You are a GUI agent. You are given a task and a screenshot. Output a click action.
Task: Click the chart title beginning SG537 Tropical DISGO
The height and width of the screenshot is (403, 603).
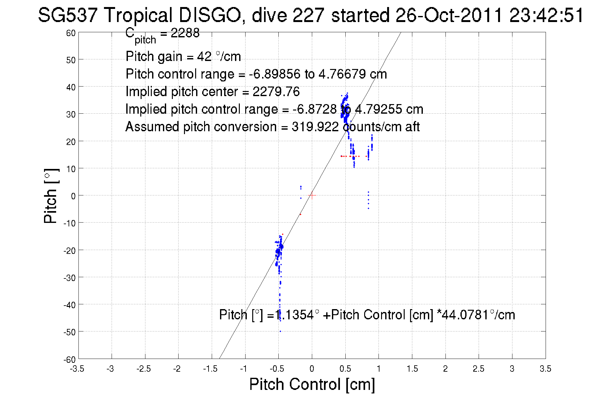point(311,15)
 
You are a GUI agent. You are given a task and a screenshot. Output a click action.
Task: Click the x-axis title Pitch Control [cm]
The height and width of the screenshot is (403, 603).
point(312,384)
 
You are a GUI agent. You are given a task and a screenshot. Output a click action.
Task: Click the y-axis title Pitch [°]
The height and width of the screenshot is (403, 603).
point(51,196)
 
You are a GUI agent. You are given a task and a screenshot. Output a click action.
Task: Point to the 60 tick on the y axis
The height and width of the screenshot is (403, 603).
point(71,33)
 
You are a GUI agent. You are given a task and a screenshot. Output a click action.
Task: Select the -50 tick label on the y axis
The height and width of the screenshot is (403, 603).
point(69,332)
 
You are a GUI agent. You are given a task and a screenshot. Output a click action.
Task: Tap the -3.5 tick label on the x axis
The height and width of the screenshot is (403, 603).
point(77,369)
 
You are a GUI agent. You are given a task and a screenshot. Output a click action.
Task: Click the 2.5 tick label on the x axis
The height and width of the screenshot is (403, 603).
point(478,369)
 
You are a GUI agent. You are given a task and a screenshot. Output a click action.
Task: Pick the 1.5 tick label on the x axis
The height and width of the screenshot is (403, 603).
point(412,369)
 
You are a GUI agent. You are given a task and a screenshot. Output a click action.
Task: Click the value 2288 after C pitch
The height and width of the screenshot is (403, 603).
point(185,33)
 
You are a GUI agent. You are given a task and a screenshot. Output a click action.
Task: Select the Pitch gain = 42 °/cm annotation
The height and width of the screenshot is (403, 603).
point(183,57)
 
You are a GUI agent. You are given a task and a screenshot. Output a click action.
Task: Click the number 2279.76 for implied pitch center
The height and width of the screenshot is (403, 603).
point(276,92)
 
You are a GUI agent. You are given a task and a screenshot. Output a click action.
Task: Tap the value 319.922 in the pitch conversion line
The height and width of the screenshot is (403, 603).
point(315,127)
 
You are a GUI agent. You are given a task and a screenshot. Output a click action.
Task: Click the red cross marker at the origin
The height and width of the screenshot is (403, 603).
point(312,195)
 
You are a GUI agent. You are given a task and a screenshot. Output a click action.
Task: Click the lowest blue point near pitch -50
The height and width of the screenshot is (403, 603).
point(280,331)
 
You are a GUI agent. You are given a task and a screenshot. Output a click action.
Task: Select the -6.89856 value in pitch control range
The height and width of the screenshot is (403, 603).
point(275,74)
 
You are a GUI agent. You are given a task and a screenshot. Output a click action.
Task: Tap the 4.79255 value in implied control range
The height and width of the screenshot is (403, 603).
point(378,109)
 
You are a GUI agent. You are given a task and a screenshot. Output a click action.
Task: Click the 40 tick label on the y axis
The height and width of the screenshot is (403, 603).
point(71,87)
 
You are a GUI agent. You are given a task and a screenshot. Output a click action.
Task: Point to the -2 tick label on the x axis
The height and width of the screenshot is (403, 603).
point(177,369)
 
